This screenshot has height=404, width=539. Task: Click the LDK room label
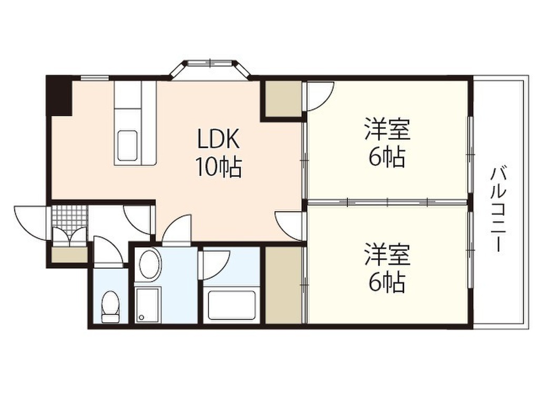click(x=218, y=139)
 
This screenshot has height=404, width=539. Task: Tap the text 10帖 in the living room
click(x=219, y=168)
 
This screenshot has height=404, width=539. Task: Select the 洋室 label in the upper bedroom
click(x=387, y=129)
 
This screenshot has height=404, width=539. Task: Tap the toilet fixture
click(x=110, y=307)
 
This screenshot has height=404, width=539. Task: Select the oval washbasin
click(x=149, y=265)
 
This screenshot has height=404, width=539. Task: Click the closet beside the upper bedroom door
click(x=283, y=98)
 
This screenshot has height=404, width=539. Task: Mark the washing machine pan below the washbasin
click(x=150, y=305)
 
